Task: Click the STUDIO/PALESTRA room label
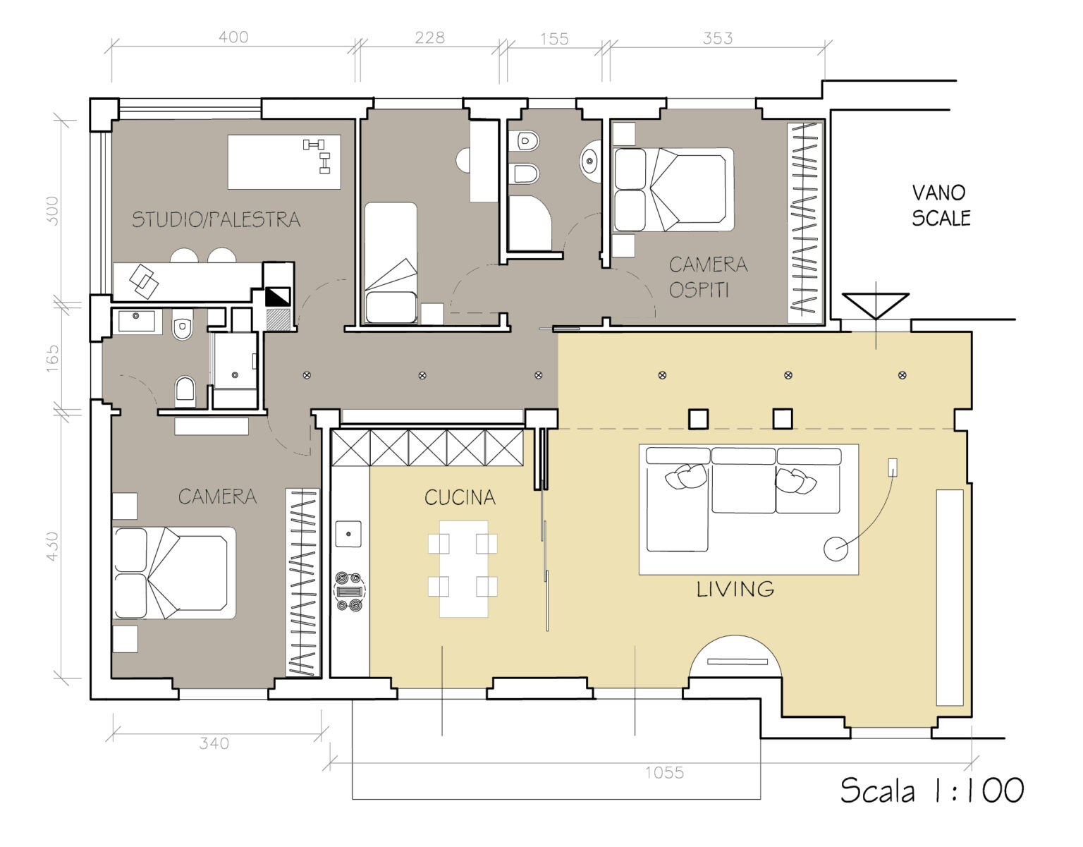pos(216,220)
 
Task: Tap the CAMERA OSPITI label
pos(708,277)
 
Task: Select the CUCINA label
pos(460,497)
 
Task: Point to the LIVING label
pos(735,590)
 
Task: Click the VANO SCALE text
pos(941,205)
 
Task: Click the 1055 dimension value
pos(664,773)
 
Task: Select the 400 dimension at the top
pos(233,37)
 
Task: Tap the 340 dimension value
pos(214,743)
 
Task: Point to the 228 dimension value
pos(429,38)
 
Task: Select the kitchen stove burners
pos(349,591)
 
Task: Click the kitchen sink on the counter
pos(348,534)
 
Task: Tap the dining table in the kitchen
pos(463,569)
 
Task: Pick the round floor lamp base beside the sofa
pos(836,549)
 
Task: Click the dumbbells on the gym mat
pos(317,155)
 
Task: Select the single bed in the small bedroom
pos(391,263)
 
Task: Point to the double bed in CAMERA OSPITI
pos(673,190)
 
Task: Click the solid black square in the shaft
pos(277,297)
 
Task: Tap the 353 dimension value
pos(718,38)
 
